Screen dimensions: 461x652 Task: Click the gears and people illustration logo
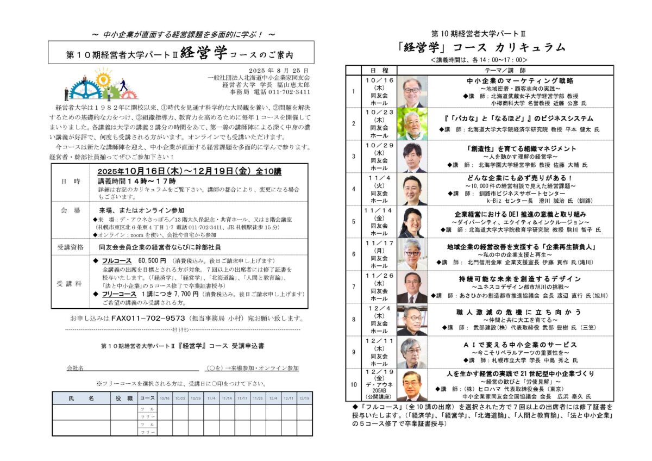pos(98,84)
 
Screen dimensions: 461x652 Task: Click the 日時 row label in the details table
pos(70,181)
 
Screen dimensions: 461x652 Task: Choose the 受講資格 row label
pos(70,247)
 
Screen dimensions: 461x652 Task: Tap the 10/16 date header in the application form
pos(165,398)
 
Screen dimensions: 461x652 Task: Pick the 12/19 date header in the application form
pos(305,398)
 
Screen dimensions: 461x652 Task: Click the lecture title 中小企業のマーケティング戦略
pos(505,80)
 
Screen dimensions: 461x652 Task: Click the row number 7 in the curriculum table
pos(354,286)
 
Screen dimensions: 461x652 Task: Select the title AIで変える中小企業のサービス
pos(505,345)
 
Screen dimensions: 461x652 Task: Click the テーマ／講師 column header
pos(505,70)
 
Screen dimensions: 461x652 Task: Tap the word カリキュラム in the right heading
pos(529,47)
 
